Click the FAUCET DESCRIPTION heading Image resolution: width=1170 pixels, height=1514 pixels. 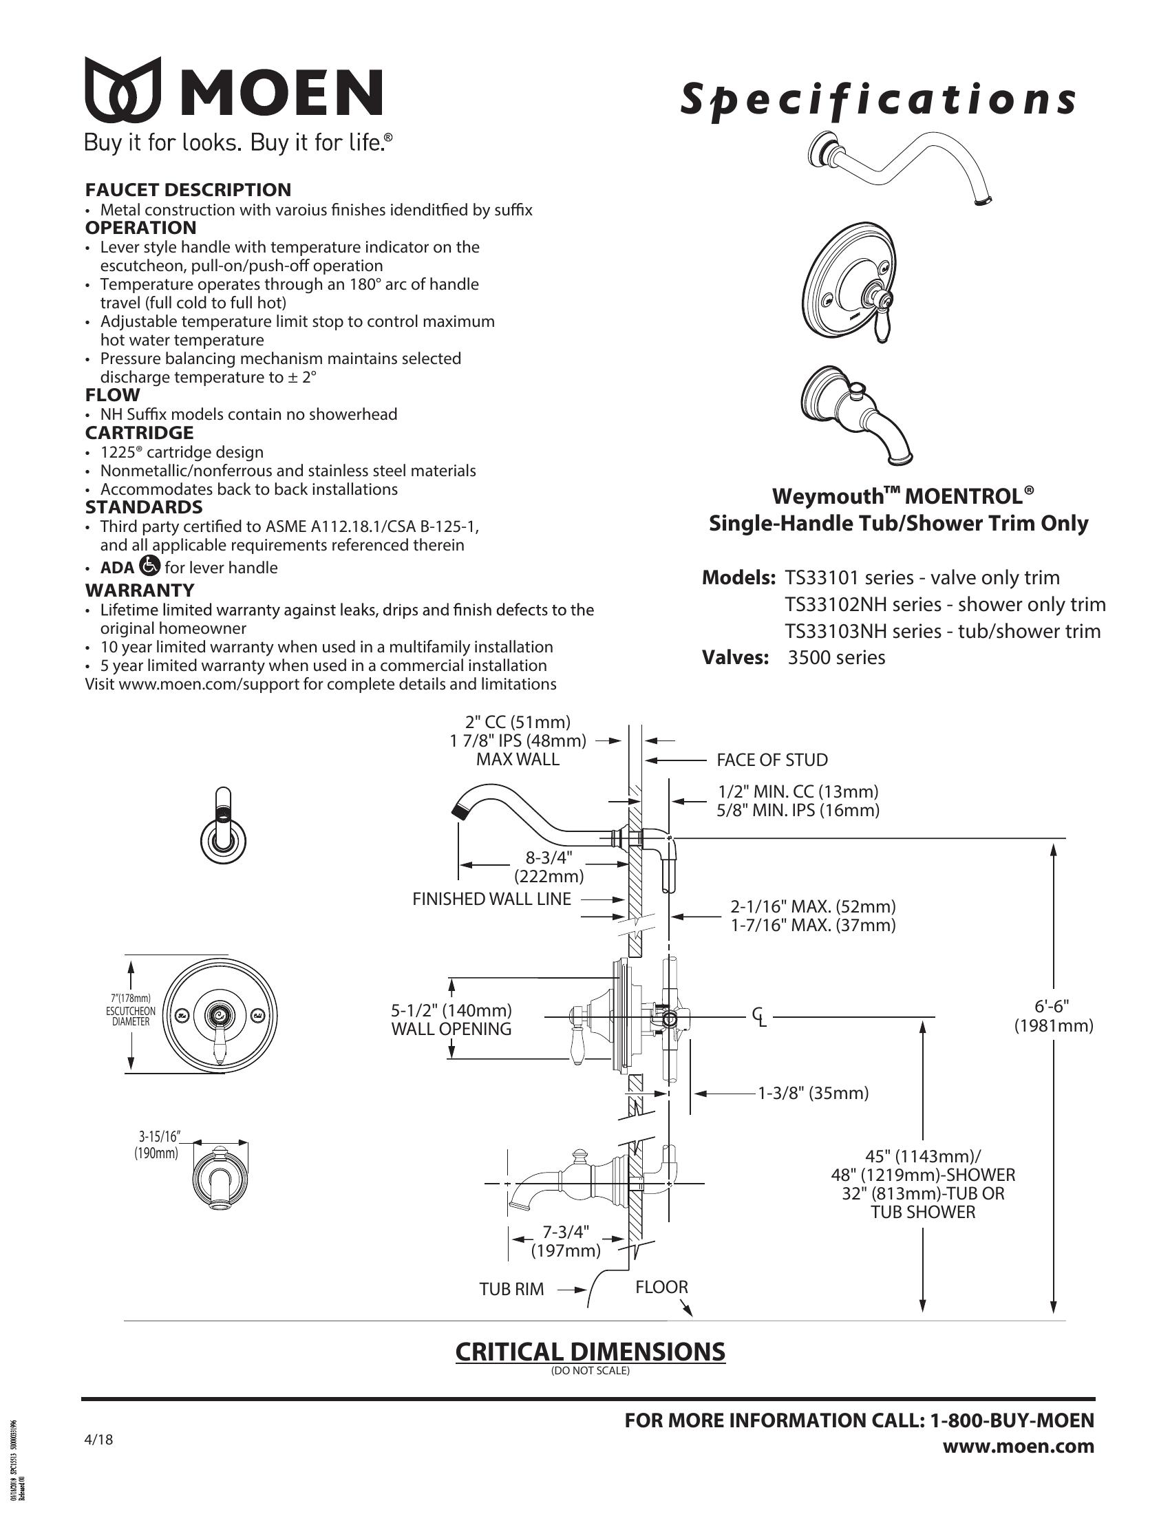click(x=188, y=189)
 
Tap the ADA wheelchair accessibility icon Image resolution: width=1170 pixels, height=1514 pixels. click(x=149, y=566)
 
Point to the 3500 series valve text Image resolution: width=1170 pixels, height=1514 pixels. click(x=836, y=657)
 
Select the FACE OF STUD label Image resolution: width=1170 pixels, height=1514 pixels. click(x=772, y=760)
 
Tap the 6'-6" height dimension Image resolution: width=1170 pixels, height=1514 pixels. click(x=1053, y=1016)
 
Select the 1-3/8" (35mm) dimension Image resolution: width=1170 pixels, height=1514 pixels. click(x=812, y=1094)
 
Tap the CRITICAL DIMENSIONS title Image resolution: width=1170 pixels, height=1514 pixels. click(x=590, y=1351)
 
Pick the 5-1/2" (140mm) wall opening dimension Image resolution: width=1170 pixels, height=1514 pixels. click(x=451, y=1011)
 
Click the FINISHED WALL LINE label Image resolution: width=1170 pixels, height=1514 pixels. click(x=491, y=899)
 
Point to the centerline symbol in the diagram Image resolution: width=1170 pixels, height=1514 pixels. click(x=759, y=1017)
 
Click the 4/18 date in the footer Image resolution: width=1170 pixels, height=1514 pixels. click(x=98, y=1439)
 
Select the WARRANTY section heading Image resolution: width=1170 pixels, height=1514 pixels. click(x=139, y=590)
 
